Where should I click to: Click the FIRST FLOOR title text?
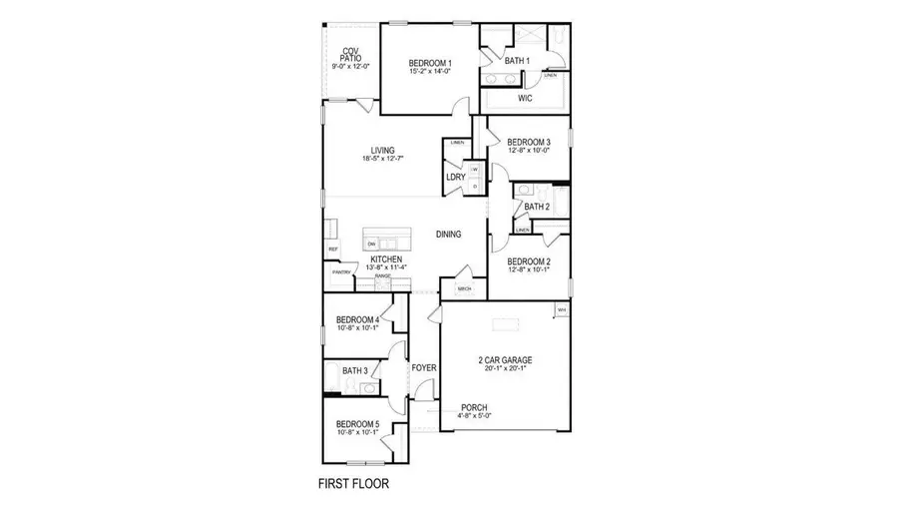pos(353,483)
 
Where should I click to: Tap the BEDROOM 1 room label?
pos(430,63)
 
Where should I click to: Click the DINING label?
pos(448,235)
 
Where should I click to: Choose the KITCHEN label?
pos(386,259)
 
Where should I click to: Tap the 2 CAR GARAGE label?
pos(503,359)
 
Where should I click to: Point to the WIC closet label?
pos(525,99)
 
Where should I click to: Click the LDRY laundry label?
pos(456,177)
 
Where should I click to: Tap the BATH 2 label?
pos(537,207)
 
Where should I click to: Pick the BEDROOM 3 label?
pos(529,142)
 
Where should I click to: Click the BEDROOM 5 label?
pos(356,424)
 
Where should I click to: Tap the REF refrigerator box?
pos(333,249)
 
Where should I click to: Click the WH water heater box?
pos(561,310)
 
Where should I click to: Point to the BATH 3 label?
pos(355,371)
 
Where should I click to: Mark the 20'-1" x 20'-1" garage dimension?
pos(503,367)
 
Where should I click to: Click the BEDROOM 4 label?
pos(356,319)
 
